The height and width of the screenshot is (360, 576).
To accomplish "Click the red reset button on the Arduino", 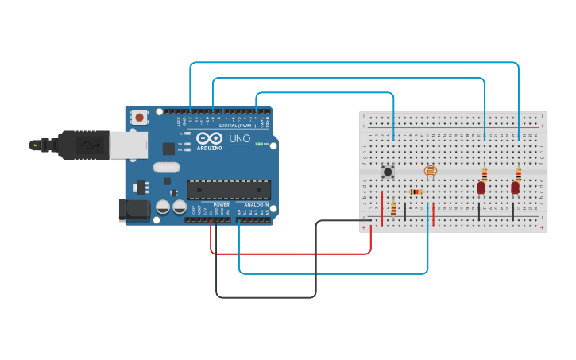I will click(140, 117).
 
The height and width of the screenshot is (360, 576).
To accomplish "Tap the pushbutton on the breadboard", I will click(388, 171).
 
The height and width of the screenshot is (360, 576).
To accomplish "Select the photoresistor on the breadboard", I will click(430, 170).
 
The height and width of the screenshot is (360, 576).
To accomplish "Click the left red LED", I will click(481, 188).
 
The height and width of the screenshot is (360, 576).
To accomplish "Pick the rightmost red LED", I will click(515, 188).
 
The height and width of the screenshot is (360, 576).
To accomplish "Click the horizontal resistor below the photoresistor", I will click(416, 192).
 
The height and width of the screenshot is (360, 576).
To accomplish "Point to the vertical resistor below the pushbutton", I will click(393, 208).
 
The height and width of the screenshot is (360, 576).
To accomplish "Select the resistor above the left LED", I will click(484, 174).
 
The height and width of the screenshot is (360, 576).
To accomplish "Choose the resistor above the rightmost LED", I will click(518, 174).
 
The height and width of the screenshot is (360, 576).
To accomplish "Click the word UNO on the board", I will click(240, 138).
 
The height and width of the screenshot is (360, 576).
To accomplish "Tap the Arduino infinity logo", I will click(209, 138).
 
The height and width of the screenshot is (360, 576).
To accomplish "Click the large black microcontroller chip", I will click(229, 189).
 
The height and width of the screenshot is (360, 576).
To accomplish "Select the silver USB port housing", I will click(128, 145).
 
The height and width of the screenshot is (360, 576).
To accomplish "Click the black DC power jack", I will click(133, 209).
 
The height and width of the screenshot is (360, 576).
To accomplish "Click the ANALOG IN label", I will click(255, 205).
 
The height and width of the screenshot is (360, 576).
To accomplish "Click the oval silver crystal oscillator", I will click(167, 167).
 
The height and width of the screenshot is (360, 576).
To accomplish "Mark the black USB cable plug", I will click(83, 145).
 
